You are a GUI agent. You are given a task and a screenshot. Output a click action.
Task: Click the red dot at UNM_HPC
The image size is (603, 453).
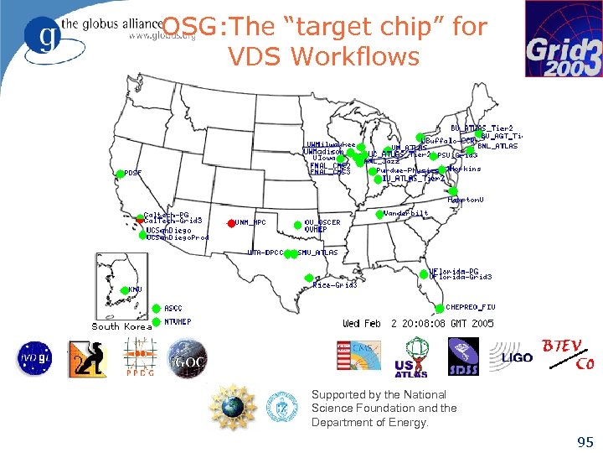(230, 222)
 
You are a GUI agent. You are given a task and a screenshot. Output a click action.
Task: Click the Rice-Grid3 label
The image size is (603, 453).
(334, 285)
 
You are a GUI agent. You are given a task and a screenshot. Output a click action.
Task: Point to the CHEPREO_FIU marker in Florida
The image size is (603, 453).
(440, 307)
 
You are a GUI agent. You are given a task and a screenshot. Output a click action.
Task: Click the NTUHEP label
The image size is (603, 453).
(177, 321)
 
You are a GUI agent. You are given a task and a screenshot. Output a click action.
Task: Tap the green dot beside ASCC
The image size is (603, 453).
(157, 309)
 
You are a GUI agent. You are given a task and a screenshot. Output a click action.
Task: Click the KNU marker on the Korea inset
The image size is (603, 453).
(125, 289)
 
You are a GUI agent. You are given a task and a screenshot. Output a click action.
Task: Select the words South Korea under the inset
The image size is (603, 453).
(121, 326)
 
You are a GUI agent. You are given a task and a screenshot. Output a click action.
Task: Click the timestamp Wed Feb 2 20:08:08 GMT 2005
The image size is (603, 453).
(418, 323)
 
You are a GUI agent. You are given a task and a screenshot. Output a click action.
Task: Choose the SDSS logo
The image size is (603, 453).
(462, 355)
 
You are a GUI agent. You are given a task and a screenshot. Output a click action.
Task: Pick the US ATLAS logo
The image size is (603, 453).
(412, 357)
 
